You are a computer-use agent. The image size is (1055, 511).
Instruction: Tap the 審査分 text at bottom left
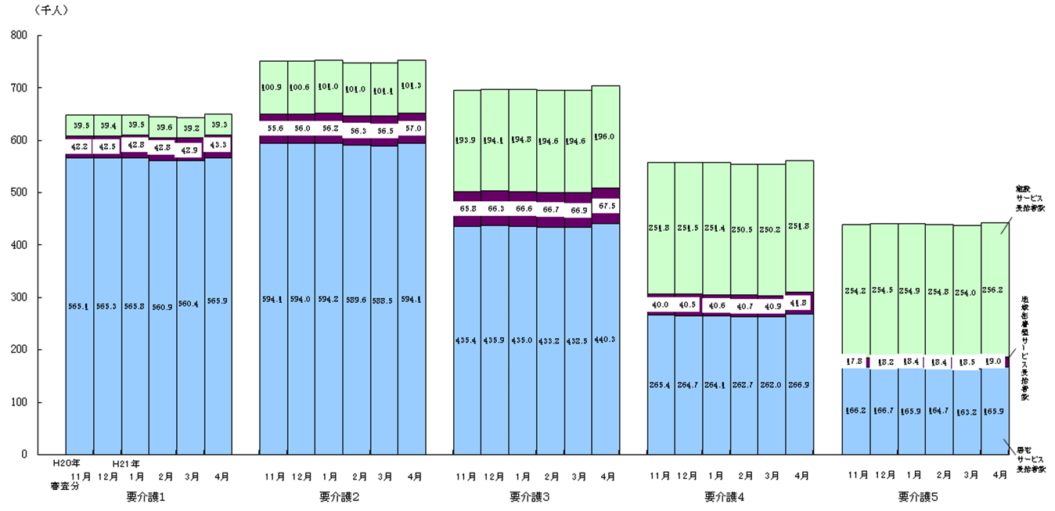click(67, 486)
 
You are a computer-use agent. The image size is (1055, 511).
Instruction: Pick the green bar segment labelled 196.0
click(606, 137)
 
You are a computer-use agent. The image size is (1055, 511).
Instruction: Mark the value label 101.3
click(412, 86)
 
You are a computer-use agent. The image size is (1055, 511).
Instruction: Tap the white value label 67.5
click(606, 207)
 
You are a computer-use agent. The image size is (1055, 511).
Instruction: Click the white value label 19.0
click(994, 362)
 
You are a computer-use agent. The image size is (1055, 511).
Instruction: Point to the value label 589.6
click(357, 298)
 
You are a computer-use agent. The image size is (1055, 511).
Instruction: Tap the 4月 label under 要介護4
click(801, 475)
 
